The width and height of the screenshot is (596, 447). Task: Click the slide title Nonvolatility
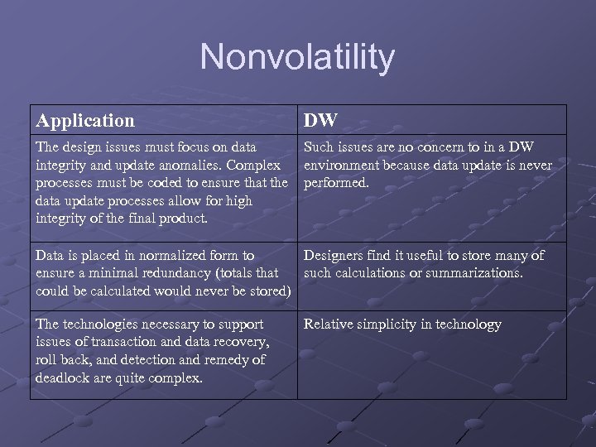(297, 57)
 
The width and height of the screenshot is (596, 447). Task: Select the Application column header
(84, 120)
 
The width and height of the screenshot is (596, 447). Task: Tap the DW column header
(320, 120)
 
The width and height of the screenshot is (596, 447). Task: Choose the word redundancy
(185, 273)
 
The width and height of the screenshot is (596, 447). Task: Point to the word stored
(267, 291)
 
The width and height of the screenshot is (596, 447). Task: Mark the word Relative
(329, 324)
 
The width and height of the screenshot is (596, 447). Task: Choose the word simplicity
(387, 324)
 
